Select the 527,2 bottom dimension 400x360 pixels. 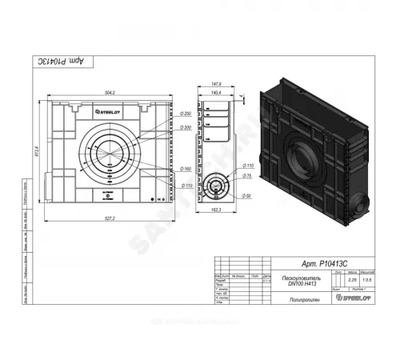point(110,218)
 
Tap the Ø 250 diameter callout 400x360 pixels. point(185,114)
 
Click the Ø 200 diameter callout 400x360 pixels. point(185,127)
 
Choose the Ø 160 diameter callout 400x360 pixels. point(185,169)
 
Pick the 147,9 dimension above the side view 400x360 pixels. point(214,83)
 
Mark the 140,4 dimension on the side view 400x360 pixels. point(214,93)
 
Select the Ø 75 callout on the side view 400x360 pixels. point(249,175)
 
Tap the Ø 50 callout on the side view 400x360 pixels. point(249,195)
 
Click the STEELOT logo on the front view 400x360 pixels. point(110,114)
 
